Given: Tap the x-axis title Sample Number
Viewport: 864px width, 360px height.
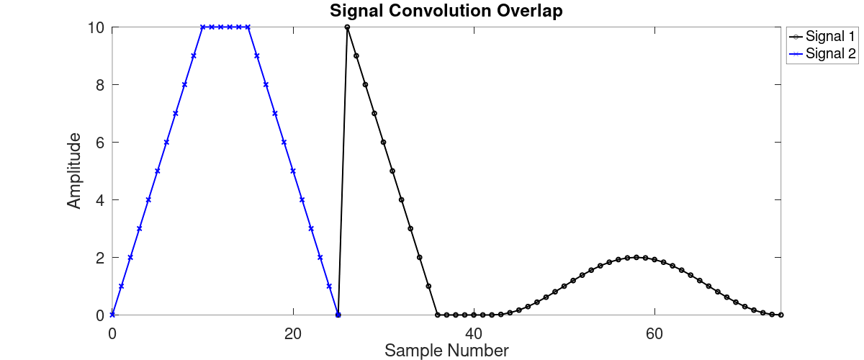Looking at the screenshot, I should [x=446, y=351].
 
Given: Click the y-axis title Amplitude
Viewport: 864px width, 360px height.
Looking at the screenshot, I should [x=74, y=171].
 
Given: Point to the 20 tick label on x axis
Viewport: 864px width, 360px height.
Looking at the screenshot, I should [x=293, y=333].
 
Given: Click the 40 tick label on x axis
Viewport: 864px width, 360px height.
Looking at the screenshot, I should [x=474, y=333].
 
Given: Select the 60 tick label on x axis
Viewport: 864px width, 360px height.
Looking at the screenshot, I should [x=654, y=333].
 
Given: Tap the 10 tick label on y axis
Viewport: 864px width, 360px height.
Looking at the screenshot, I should [x=94, y=27].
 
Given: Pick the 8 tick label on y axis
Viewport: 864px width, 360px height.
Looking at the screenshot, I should [x=99, y=85].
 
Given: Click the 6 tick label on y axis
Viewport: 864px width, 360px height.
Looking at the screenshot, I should [x=99, y=143].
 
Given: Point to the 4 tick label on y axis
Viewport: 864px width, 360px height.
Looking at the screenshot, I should [x=99, y=200].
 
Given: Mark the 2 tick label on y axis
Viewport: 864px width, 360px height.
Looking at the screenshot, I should [x=99, y=258].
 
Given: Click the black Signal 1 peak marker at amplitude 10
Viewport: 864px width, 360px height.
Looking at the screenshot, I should [x=347, y=27].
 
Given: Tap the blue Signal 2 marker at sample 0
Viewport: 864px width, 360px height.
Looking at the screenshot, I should [x=112, y=315].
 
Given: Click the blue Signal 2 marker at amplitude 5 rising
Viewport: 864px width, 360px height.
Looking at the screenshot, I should [x=158, y=171].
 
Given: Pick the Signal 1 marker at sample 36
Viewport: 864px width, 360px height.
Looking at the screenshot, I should [x=438, y=315].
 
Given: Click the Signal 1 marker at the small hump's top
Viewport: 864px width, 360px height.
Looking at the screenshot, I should [x=636, y=257].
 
